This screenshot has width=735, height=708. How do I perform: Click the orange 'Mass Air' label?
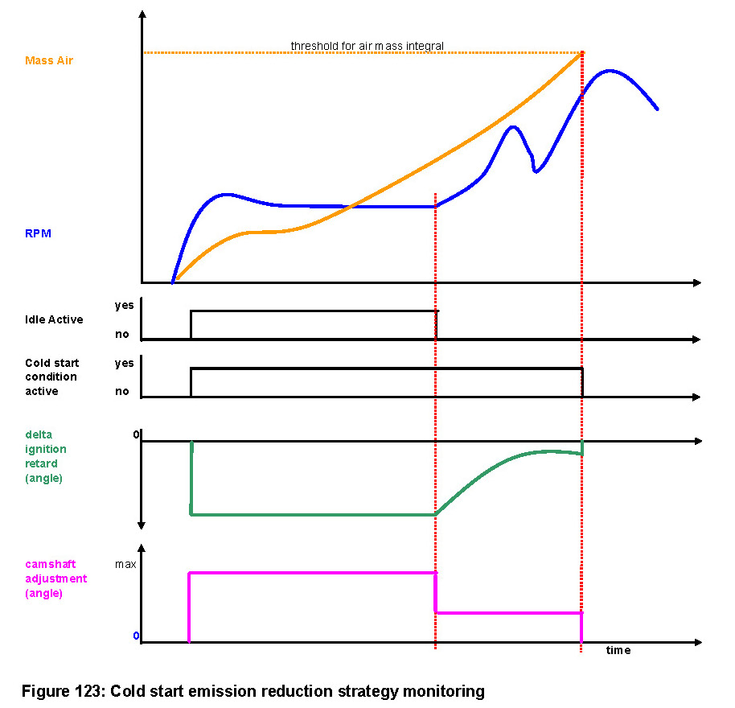[x=48, y=60]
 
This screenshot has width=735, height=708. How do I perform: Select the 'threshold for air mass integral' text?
[x=367, y=46]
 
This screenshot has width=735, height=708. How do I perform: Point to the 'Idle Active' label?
[x=53, y=319]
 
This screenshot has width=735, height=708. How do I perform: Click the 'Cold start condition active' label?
[x=51, y=377]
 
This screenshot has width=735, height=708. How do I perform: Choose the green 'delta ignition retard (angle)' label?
[x=46, y=457]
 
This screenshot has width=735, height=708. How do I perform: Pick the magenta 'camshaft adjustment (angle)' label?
[x=55, y=578]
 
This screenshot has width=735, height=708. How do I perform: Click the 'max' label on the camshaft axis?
[x=125, y=564]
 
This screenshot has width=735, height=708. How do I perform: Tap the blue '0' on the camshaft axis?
[x=136, y=636]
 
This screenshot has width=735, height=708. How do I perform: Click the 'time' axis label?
[x=618, y=650]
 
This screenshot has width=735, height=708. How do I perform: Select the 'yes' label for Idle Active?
[x=124, y=306]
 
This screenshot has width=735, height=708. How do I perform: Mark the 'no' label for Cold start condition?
[x=122, y=391]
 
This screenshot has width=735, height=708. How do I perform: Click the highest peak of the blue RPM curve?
[x=610, y=71]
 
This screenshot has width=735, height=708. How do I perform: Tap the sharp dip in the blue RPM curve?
[x=536, y=171]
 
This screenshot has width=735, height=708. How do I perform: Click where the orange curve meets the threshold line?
[x=581, y=53]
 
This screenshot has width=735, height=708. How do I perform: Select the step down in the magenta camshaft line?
[x=435, y=593]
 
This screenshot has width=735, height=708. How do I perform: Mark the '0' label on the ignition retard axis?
[x=136, y=434]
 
